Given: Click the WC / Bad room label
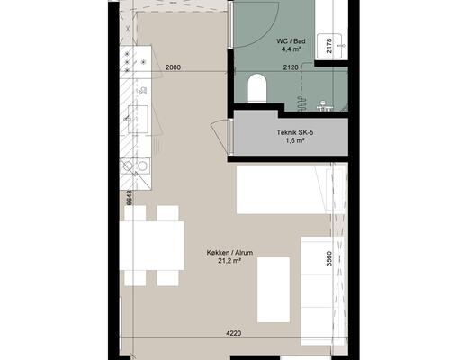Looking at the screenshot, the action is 291,41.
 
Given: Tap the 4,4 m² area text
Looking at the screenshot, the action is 291,49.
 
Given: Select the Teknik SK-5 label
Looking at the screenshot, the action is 295,132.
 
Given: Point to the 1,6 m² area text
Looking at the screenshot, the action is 295,140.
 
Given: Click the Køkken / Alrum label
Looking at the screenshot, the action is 229,253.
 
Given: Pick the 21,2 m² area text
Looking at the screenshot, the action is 229,261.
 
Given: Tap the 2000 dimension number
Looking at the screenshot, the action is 173,67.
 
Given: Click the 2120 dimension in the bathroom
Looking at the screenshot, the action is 291,67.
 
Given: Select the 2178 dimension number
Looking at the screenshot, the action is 329,46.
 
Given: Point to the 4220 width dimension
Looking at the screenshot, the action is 233,333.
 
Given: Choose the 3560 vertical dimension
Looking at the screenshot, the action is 329,258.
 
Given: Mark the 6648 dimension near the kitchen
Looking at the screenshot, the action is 129,198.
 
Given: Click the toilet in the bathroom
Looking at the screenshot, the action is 257,88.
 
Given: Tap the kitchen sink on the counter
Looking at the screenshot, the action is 138,119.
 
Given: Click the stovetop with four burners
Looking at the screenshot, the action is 135,62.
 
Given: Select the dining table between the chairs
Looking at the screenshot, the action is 152,246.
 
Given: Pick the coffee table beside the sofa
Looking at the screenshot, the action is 274,290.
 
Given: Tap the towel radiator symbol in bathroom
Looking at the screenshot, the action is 301,103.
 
